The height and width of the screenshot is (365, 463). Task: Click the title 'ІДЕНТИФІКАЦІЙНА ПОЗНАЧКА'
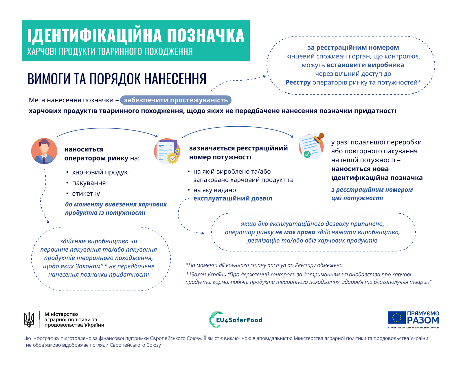[136, 36]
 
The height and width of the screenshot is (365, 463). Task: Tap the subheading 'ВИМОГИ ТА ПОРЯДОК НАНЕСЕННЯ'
[117, 79]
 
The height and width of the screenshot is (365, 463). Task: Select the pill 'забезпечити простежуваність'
[176, 100]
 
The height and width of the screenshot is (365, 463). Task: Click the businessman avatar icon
[44, 151]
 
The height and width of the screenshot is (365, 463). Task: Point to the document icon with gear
[167, 151]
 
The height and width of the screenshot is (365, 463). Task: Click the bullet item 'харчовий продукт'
[101, 172]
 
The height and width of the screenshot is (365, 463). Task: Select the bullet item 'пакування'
[89, 183]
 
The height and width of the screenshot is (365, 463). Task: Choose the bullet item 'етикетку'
[86, 194]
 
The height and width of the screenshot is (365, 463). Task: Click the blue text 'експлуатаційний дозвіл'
[233, 199]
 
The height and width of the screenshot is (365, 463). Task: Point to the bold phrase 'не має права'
[295, 232]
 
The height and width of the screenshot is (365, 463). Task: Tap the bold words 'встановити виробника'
[365, 65]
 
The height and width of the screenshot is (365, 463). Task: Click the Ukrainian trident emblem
[29, 319]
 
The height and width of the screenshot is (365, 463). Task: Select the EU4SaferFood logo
[236, 320]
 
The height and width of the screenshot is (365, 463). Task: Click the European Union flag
[396, 318]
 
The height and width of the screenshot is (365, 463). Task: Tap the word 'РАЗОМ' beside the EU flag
[423, 320]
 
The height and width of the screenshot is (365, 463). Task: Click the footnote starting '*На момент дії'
[264, 265]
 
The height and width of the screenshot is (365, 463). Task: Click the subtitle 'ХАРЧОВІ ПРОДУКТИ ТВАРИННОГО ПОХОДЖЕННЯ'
[110, 51]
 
